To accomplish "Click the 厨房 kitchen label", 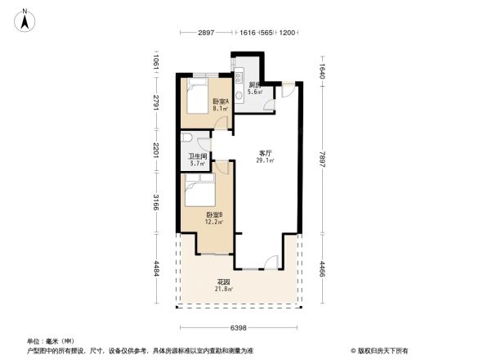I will [x=254, y=85].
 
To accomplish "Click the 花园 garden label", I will [x=223, y=282].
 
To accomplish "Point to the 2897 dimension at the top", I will [x=205, y=34].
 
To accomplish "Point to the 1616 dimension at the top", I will [x=248, y=34].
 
